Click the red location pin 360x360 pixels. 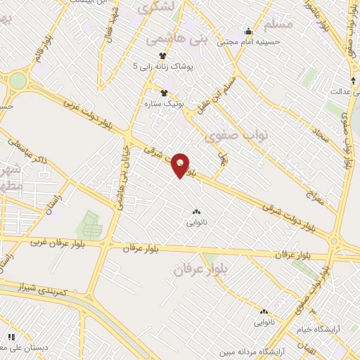tap(181, 165)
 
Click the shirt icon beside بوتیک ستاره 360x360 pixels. tap(164, 92)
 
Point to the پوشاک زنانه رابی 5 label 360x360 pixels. tap(167, 66)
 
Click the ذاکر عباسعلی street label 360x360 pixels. tap(25, 150)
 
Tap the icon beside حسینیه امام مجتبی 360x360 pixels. tap(247, 31)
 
